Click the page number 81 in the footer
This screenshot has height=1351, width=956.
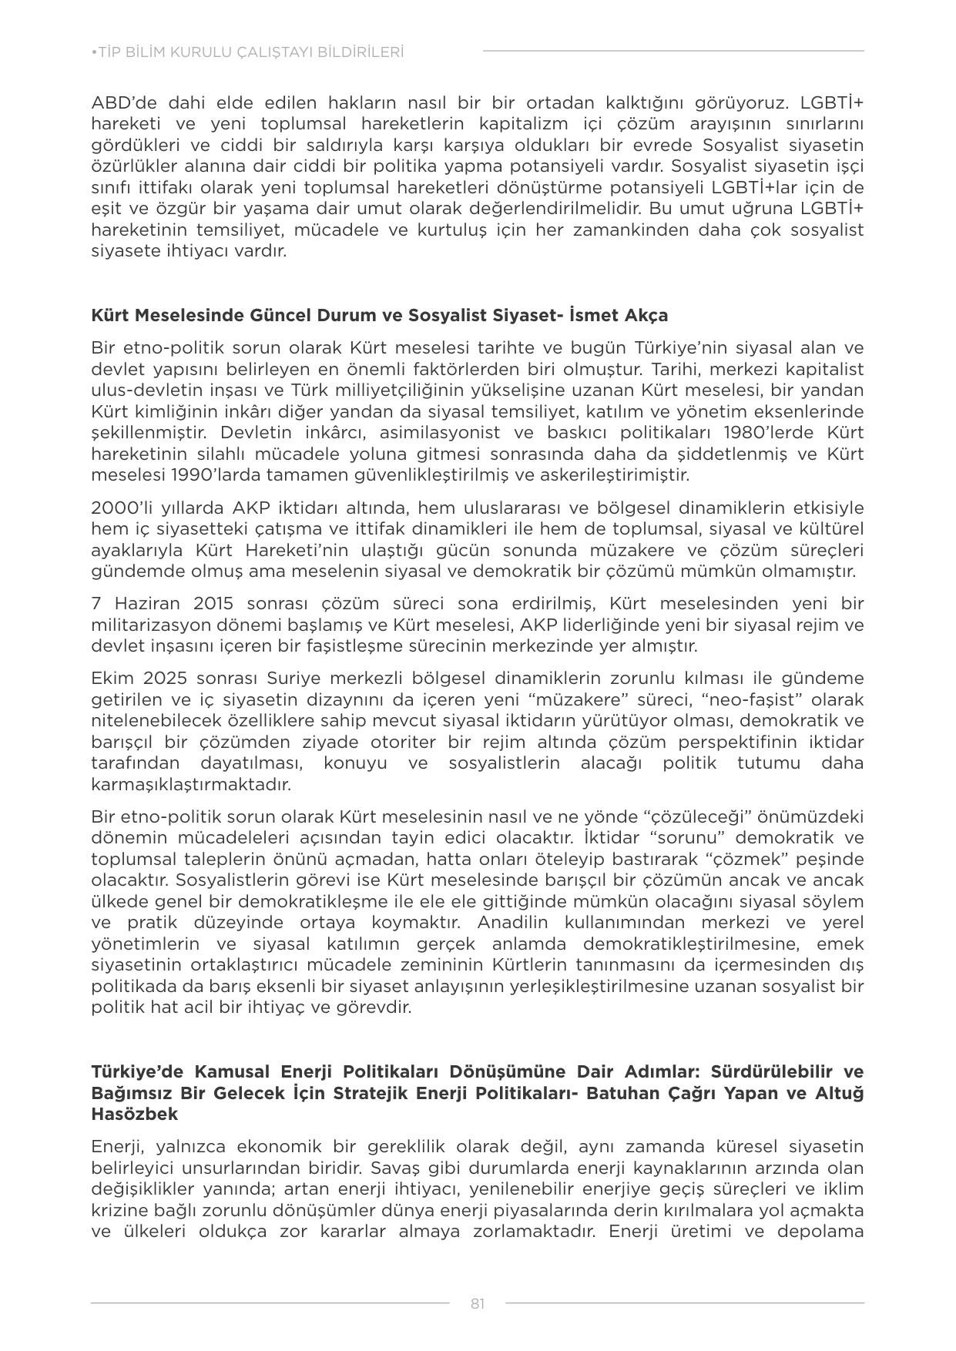click(x=478, y=1303)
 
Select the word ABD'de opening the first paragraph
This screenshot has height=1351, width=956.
click(x=121, y=103)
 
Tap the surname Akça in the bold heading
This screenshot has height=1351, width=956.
click(x=647, y=315)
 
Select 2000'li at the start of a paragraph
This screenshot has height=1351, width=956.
click(x=117, y=508)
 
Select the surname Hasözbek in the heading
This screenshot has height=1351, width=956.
click(x=134, y=1114)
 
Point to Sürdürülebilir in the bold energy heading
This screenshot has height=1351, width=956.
click(x=771, y=1071)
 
